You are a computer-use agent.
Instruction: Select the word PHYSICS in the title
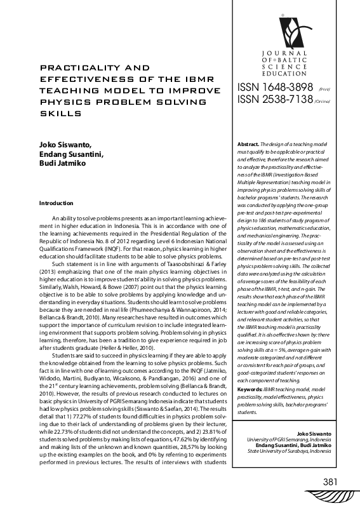[64, 102]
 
